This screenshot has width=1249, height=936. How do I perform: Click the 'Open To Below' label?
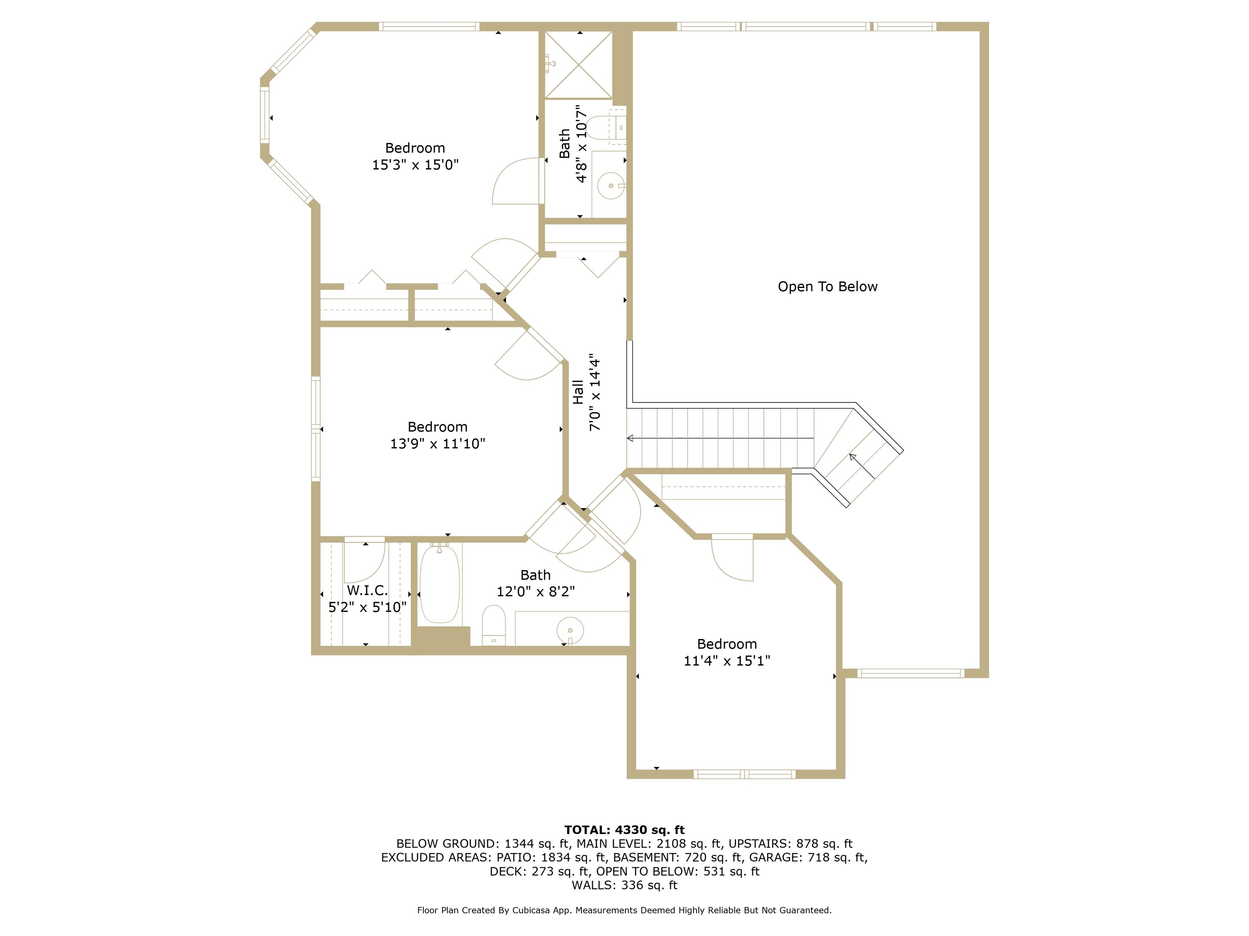click(x=827, y=287)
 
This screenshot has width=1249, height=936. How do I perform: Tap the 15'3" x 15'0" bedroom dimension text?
click(x=415, y=165)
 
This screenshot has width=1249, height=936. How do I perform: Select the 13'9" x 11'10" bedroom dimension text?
click(x=437, y=444)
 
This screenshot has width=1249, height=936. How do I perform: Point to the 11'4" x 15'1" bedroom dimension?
click(x=727, y=661)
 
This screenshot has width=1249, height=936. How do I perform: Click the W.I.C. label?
click(x=367, y=590)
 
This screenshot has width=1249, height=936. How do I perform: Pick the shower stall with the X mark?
click(x=578, y=65)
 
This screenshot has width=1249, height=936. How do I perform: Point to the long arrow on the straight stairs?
click(x=720, y=438)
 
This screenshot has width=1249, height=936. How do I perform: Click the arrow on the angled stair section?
click(x=862, y=466)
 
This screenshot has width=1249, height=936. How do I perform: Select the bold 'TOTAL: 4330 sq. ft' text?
click(x=624, y=830)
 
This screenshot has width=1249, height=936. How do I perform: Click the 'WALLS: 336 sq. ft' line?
click(x=624, y=885)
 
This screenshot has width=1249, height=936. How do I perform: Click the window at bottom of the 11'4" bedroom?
click(x=744, y=774)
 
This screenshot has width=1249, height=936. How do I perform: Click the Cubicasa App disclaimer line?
click(x=624, y=910)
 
